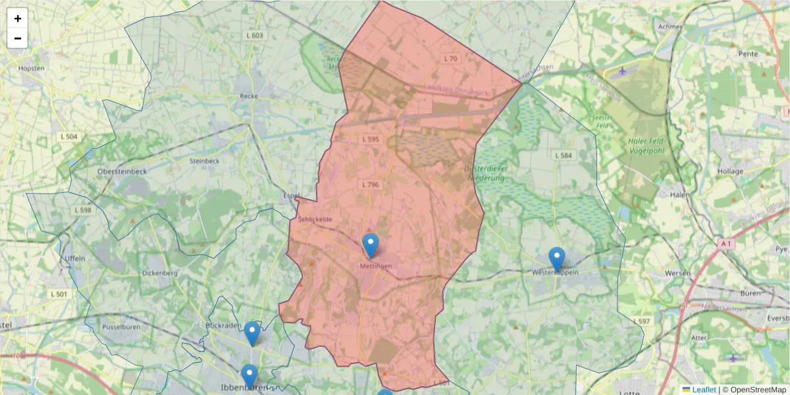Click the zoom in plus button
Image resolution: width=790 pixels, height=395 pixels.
(18, 18)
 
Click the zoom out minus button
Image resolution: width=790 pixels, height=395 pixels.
(18, 38)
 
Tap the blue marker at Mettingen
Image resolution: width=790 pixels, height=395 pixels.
(371, 246)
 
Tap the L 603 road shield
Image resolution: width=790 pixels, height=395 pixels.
(253, 36)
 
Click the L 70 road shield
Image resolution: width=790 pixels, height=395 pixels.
(450, 59)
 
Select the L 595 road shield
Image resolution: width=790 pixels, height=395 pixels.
(371, 140)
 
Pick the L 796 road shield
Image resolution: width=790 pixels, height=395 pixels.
(371, 185)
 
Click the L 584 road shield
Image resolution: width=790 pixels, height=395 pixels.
(564, 155)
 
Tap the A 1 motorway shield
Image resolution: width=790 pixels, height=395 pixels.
(725, 244)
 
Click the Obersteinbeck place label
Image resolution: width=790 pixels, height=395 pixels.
(122, 171)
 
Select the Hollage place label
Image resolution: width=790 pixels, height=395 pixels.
(731, 171)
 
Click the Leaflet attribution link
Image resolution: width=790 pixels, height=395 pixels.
(704, 390)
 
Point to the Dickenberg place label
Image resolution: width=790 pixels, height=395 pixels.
(159, 273)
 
